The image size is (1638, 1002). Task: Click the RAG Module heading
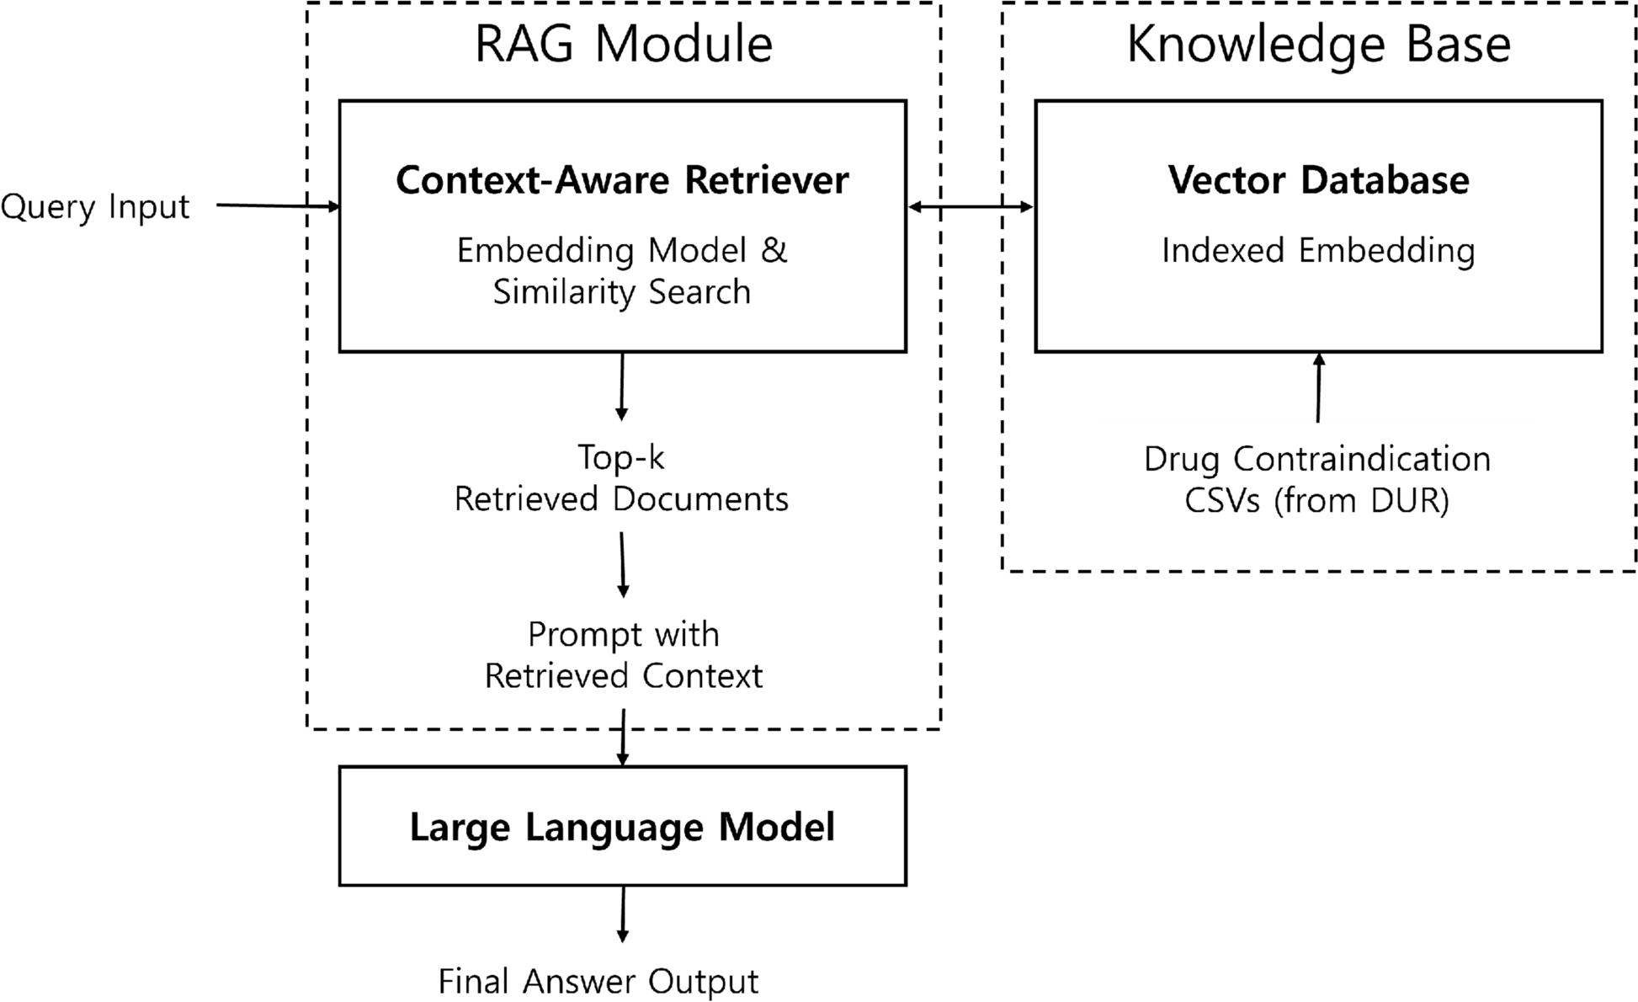pyautogui.click(x=623, y=44)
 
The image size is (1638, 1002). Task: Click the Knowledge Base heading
pyautogui.click(x=1318, y=44)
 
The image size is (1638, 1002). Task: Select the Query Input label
pyautogui.click(x=95, y=206)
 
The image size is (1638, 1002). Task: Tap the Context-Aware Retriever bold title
pyautogui.click(x=622, y=180)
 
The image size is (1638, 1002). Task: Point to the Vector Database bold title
pyautogui.click(x=1318, y=180)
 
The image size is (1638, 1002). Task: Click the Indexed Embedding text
pyautogui.click(x=1318, y=251)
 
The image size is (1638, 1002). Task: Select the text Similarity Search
pyautogui.click(x=621, y=292)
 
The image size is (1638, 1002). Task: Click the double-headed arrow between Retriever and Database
pyautogui.click(x=971, y=206)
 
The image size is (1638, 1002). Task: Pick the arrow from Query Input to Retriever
pyautogui.click(x=278, y=205)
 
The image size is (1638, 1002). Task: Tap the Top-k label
pyautogui.click(x=621, y=457)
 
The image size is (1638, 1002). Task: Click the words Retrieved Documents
pyautogui.click(x=621, y=499)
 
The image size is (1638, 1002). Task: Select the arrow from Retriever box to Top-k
pyautogui.click(x=621, y=386)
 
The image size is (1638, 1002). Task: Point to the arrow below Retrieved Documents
pyautogui.click(x=623, y=564)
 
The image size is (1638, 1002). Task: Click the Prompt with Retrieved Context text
pyautogui.click(x=623, y=655)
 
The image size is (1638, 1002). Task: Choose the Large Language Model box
pyautogui.click(x=622, y=826)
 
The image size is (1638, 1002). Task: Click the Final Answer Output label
pyautogui.click(x=598, y=982)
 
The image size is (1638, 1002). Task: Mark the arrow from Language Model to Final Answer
pyautogui.click(x=622, y=914)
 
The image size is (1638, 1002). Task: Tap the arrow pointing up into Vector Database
pyautogui.click(x=1318, y=387)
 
